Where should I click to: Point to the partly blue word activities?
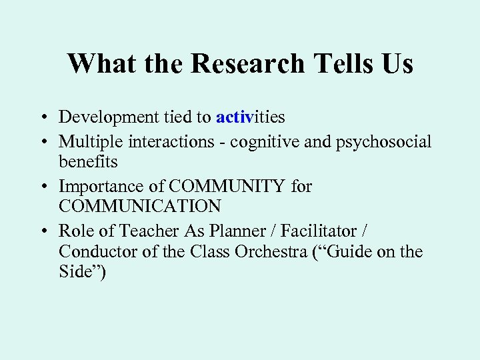[250, 117]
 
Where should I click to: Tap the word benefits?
[88, 162]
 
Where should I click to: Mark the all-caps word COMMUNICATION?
[139, 207]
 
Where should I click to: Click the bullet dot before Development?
[41, 118]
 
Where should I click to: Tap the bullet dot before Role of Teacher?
[41, 231]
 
